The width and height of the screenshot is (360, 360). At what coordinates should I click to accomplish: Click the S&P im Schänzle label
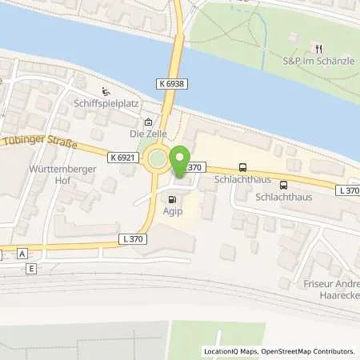tap(318, 60)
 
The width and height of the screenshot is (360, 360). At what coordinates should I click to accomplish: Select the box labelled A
tap(22, 252)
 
